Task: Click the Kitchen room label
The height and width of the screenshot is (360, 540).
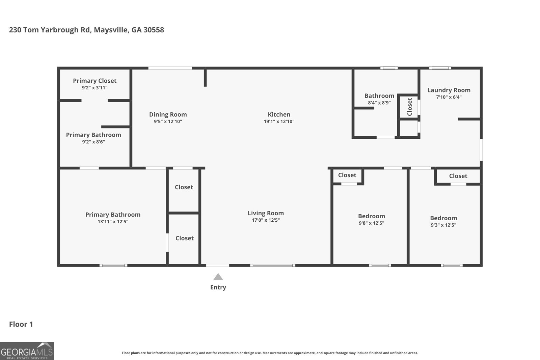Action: pos(279,114)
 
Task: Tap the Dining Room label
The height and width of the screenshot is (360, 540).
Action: pos(168,114)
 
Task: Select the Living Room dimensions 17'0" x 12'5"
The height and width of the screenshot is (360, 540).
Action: pos(266,220)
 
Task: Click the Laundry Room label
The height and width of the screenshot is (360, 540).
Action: pos(449,90)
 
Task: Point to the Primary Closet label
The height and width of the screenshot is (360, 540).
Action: pos(94,81)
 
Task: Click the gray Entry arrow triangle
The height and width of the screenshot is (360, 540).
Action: pos(218,277)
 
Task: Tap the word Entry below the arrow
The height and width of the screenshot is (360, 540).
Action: pos(218,287)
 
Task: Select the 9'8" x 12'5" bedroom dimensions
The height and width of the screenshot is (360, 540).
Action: pos(371,223)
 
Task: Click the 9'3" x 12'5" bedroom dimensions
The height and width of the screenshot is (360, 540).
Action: pos(443,225)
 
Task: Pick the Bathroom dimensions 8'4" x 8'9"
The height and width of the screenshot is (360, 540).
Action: pos(379,103)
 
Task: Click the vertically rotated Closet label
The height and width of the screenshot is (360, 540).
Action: pos(410,107)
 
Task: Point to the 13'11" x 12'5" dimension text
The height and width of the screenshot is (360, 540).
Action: pos(113,221)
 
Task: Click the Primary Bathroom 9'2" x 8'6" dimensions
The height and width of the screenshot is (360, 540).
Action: pos(93,142)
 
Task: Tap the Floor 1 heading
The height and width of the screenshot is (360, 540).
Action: pos(21,324)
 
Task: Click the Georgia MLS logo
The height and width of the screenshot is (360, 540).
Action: pos(27,351)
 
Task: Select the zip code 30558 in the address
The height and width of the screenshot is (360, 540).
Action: pos(154,30)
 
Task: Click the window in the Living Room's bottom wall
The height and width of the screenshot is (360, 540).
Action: pos(273,266)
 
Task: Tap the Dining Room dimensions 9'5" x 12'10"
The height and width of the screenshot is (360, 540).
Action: pos(168,121)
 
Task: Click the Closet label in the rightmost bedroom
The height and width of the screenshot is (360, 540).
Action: pos(458,176)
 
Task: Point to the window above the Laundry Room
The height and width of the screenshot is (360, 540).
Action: pos(440,68)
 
